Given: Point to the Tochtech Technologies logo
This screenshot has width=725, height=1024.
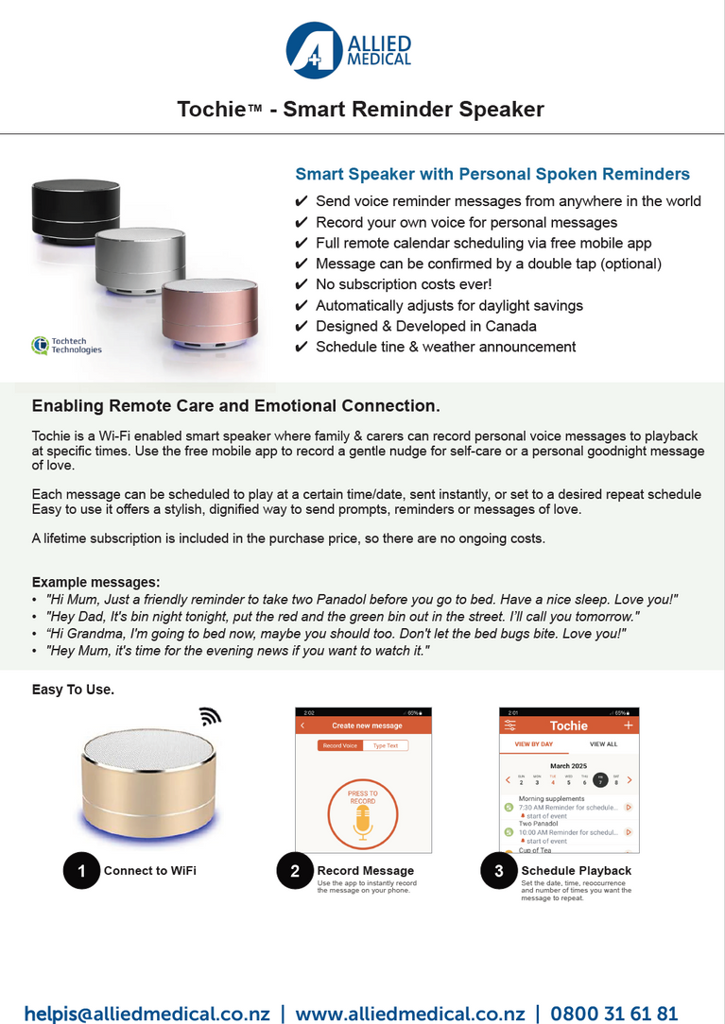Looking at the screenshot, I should pyautogui.click(x=66, y=345).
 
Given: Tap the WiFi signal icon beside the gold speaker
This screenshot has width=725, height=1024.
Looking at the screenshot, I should pyautogui.click(x=210, y=717).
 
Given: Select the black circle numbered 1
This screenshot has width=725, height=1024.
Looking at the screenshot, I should pyautogui.click(x=81, y=871).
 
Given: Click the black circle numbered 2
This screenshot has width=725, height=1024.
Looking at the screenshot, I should pyautogui.click(x=295, y=871).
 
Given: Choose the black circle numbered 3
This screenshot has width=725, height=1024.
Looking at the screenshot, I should pyautogui.click(x=499, y=871).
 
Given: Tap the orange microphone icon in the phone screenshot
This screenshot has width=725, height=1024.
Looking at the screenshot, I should pyautogui.click(x=363, y=823).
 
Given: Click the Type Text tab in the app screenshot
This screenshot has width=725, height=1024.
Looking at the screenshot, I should pyautogui.click(x=386, y=745).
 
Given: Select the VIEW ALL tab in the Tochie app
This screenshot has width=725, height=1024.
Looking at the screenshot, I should pyautogui.click(x=603, y=744).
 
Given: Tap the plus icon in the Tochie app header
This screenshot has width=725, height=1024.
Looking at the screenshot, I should pyautogui.click(x=629, y=725).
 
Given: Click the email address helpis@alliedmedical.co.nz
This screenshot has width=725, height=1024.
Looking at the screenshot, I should pyautogui.click(x=147, y=1013).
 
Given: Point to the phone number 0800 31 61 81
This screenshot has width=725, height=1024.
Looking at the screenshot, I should pyautogui.click(x=614, y=1013).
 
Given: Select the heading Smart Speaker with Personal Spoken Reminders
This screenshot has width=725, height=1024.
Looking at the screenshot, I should pyautogui.click(x=492, y=174).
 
